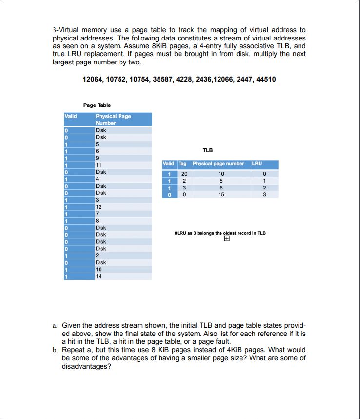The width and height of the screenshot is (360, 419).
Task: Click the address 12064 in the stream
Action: coord(93,79)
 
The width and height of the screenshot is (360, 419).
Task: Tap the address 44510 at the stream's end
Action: coord(265,79)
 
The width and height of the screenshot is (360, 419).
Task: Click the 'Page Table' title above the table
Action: coord(97,105)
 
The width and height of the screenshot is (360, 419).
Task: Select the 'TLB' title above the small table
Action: coord(207,150)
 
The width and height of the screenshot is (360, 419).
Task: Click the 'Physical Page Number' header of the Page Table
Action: coord(113,120)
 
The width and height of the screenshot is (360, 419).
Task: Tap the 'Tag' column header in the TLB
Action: coord(182,164)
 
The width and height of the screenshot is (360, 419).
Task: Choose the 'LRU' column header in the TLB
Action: coord(257,164)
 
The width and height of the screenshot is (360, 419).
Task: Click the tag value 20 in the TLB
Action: coord(184,174)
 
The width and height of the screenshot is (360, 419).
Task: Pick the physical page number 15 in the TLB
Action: coord(221,194)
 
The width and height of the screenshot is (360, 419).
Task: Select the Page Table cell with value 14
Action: coord(99,276)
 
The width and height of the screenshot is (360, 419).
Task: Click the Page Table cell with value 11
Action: coord(99,165)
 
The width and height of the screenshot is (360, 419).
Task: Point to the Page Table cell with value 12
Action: coord(99,207)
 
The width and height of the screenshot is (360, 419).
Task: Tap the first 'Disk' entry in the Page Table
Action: coord(101,130)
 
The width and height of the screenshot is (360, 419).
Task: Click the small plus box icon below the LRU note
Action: coord(226,239)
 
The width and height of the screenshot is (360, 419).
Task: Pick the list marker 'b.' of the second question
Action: coord(55,350)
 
